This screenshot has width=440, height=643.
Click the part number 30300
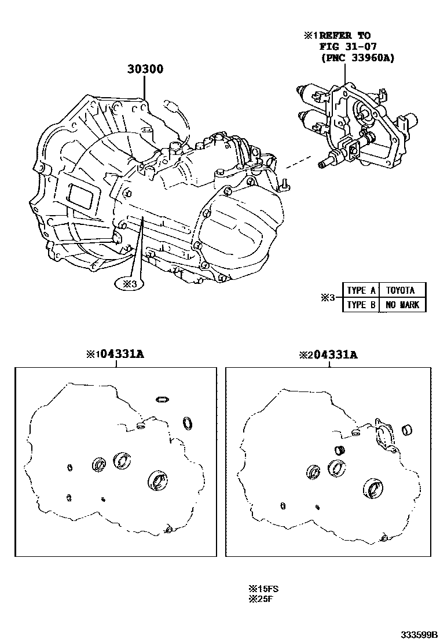click(145, 69)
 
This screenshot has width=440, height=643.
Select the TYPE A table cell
click(361, 290)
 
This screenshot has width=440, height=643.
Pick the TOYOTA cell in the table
click(402, 290)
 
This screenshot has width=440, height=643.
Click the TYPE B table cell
click(361, 305)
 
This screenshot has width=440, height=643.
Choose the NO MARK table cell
click(402, 305)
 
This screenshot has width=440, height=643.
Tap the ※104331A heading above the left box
click(115, 354)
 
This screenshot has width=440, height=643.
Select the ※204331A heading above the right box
click(328, 354)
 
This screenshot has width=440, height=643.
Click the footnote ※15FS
click(263, 589)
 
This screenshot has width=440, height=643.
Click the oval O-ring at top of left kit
click(162, 399)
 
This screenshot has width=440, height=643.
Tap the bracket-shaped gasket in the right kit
click(383, 435)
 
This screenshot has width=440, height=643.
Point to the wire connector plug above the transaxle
click(171, 106)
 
